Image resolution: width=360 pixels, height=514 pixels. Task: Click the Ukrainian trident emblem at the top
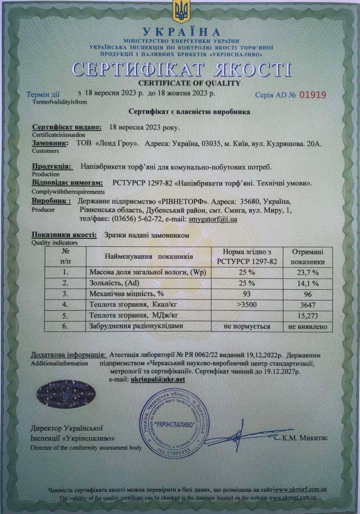(x=181, y=11)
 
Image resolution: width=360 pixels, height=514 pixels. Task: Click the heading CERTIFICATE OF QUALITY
(x=189, y=84)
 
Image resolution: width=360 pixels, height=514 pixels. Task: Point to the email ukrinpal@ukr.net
(x=158, y=379)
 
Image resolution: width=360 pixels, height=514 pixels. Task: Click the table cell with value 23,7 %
(x=308, y=273)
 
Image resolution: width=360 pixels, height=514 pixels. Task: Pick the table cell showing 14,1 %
(x=308, y=284)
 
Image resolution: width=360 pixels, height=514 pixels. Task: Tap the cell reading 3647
(x=308, y=305)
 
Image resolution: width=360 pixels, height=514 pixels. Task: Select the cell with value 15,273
(x=308, y=316)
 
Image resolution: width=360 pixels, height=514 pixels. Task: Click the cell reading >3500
(x=247, y=305)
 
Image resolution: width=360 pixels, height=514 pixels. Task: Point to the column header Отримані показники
(x=308, y=257)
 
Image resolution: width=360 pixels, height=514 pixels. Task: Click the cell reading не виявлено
(x=308, y=326)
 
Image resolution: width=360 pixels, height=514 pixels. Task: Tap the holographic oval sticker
(x=65, y=394)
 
